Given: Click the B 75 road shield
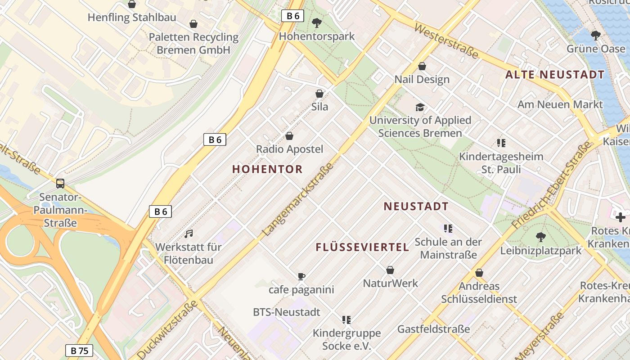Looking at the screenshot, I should [79, 351].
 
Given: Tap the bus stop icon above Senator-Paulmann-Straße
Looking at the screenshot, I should [60, 184].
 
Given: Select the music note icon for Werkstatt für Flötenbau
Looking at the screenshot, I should [189, 234].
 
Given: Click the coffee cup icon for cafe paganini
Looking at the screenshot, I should [301, 276].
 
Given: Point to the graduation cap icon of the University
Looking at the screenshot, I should [420, 107].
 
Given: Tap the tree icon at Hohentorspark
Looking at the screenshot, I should [317, 23].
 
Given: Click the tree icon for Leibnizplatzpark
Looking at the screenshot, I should [541, 237].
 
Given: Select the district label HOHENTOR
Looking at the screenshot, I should [267, 169].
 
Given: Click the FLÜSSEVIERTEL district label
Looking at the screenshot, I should [362, 247].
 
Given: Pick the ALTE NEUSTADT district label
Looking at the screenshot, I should [555, 75].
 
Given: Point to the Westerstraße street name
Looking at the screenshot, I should [446, 41].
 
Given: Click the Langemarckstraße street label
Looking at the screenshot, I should [298, 199].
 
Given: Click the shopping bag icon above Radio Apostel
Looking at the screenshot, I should [289, 136].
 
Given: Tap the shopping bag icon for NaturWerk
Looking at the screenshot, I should [390, 270].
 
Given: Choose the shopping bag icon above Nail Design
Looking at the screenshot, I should [422, 66].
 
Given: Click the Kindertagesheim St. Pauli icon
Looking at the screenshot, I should [501, 143].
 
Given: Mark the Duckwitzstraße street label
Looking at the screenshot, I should [167, 328].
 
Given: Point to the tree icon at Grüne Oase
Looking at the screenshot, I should [596, 35].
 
